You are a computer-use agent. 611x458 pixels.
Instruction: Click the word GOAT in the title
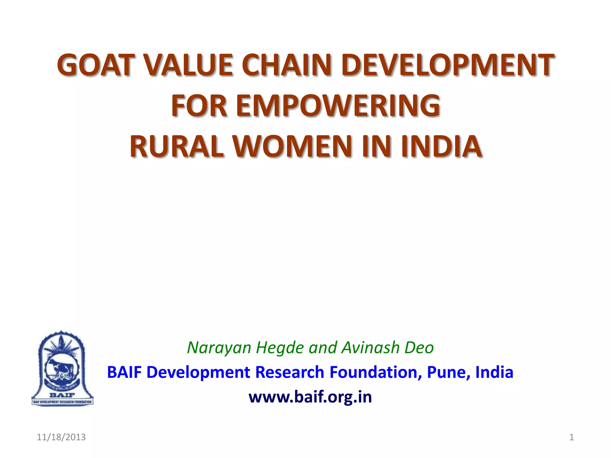pos(94,65)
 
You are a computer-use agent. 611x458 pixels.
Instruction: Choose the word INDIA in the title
pos(442,146)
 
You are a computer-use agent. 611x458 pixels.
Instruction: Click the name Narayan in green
pos(219,348)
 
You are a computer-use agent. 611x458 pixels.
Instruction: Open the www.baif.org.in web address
pos(310,397)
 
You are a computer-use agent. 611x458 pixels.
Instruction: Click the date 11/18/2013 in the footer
pos(61,437)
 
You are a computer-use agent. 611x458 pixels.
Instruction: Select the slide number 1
pos(572,437)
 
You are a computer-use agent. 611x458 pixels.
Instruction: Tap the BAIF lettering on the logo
pos(62,395)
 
